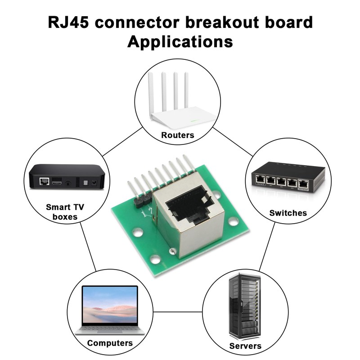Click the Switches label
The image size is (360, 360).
pyautogui.click(x=288, y=213)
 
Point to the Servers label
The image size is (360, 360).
pyautogui.click(x=245, y=346)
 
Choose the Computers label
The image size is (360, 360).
pyautogui.click(x=110, y=343)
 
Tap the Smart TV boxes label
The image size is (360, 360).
pyautogui.click(x=65, y=212)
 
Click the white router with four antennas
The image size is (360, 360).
pyautogui.click(x=177, y=108)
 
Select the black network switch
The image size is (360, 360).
pyautogui.click(x=285, y=178)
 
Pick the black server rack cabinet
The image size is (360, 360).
pyautogui.click(x=245, y=306)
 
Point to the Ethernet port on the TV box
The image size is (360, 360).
pyautogui.click(x=45, y=181)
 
